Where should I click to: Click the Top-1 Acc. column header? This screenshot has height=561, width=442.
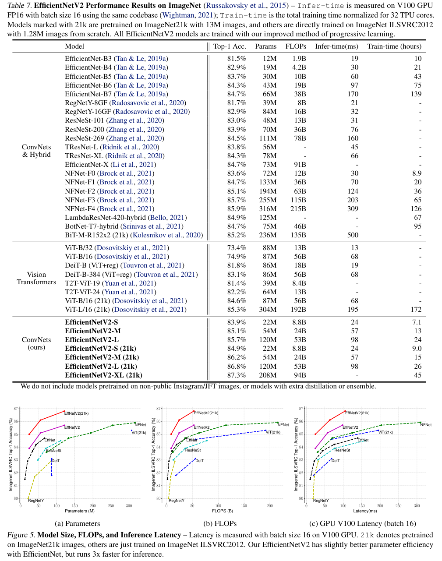coord(230,46)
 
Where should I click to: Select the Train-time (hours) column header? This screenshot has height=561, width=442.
coord(394,46)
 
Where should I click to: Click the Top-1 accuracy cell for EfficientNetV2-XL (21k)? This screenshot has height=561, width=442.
coord(237,375)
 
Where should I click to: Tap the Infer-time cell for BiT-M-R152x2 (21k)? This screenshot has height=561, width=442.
coord(353,235)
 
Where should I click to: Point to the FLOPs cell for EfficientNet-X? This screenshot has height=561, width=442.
coord(300,165)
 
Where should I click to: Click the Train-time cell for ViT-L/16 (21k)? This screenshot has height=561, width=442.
coord(416,310)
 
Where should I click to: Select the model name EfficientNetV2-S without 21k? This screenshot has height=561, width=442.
coord(92,322)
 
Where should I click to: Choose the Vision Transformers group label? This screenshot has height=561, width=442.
coord(36,279)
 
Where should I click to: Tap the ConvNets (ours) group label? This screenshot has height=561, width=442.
coord(36,343)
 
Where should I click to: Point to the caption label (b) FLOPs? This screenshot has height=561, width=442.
coord(220,524)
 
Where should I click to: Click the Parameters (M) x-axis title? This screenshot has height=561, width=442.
coord(80,511)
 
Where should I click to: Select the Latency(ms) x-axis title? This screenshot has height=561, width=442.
coord(365,511)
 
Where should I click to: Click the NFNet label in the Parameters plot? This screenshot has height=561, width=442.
coord(140,425)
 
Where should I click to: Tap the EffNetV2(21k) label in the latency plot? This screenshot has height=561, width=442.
coord(357,413)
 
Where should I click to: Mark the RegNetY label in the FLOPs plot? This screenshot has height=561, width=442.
coord(177,501)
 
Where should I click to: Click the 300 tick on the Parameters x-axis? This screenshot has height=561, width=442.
coord(129,506)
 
